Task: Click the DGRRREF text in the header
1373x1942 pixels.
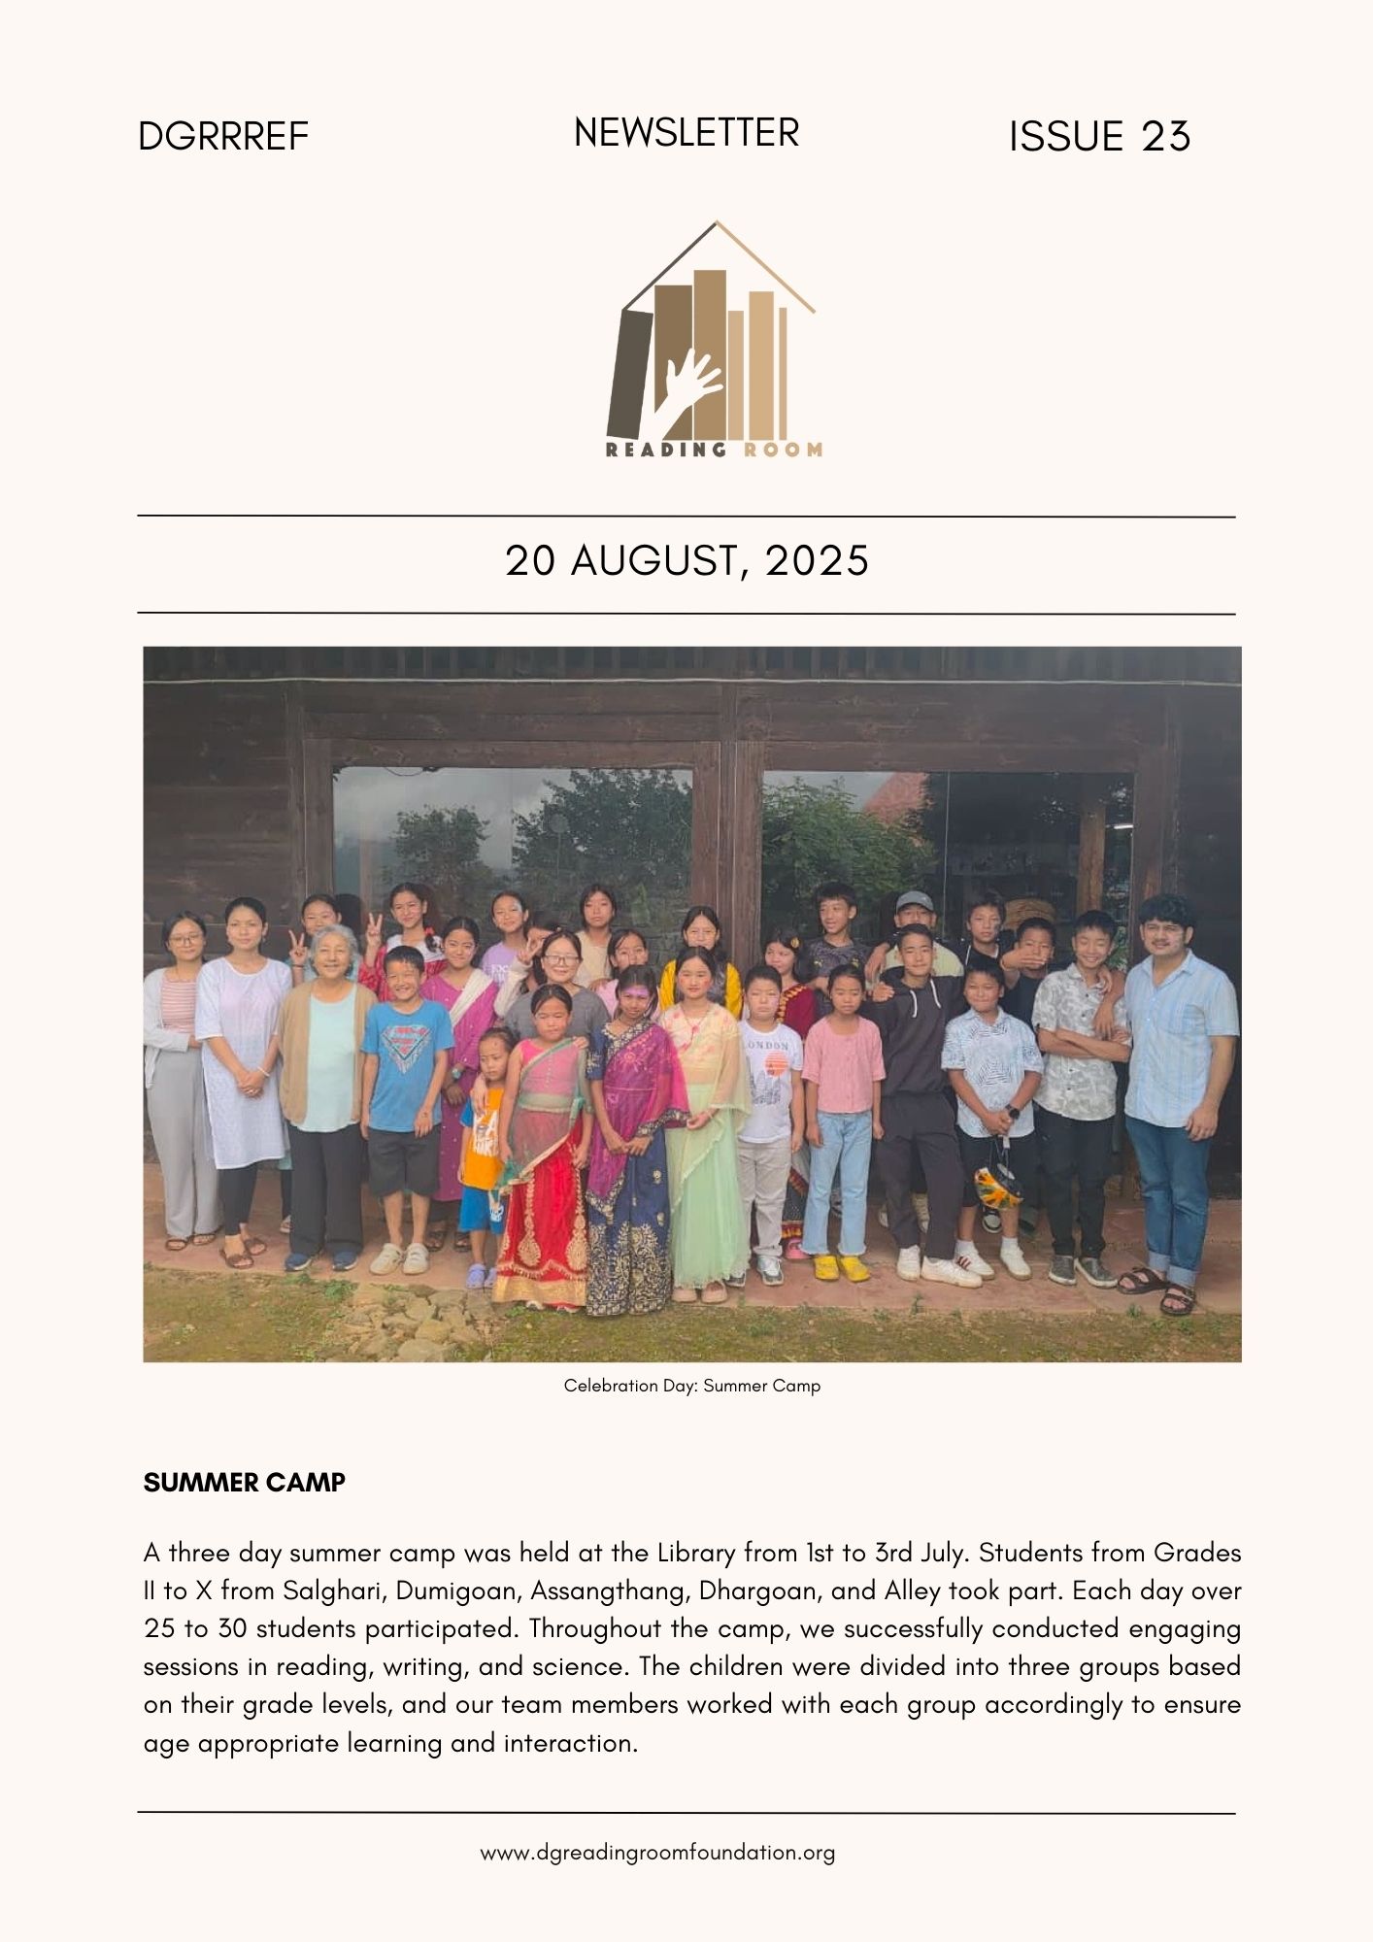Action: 222,137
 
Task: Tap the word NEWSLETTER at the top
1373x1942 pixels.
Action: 686,133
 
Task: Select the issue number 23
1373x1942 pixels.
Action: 1165,137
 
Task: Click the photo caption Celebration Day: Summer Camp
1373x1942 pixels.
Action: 691,1386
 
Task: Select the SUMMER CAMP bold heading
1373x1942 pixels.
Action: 244,1483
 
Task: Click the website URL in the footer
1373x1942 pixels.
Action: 657,1853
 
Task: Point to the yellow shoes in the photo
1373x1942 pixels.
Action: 838,1267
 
